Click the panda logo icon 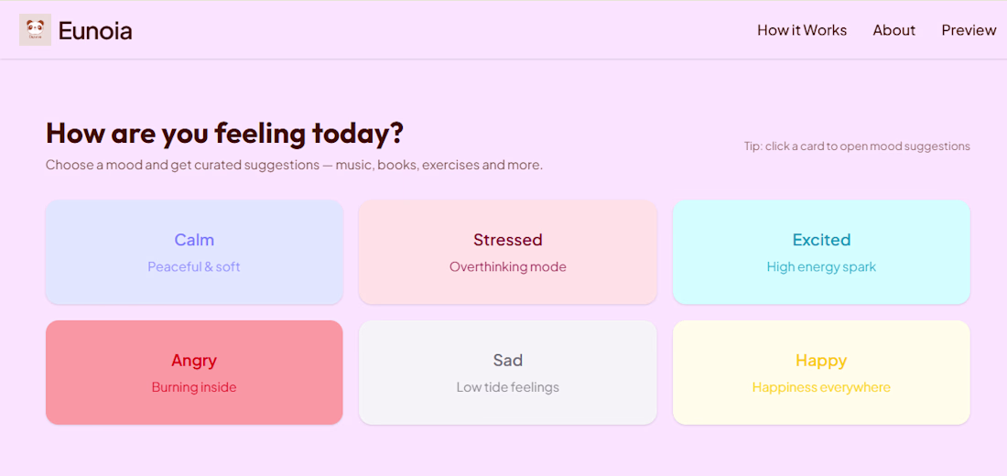(36, 30)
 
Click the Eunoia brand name (95, 31)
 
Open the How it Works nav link (802, 30)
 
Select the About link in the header (894, 30)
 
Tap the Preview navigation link (969, 30)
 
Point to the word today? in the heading (358, 134)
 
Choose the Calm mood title (194, 240)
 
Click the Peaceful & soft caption (194, 266)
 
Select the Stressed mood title (508, 240)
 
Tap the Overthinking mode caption (508, 266)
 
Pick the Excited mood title (821, 240)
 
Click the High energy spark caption (821, 266)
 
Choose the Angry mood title (194, 361)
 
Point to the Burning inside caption (194, 387)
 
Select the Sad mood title (508, 361)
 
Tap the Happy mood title (821, 361)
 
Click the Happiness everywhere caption (821, 387)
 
